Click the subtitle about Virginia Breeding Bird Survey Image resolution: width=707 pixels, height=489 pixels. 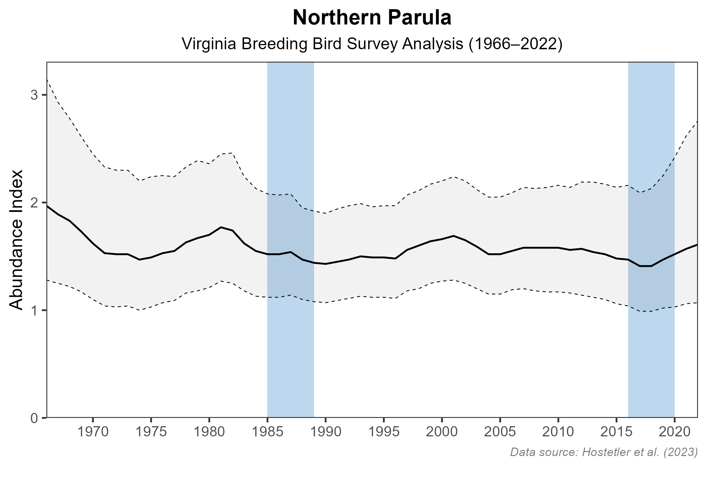pos(372,44)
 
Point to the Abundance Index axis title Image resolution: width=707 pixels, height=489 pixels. pos(16,240)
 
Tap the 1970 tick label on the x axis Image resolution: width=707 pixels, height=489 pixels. pos(93,433)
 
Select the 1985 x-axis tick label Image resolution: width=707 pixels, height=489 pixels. pos(267,433)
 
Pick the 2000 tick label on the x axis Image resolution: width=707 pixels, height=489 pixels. pos(442,433)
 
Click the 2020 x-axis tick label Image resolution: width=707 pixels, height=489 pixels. pos(674,433)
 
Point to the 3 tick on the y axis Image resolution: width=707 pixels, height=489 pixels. pos(34,95)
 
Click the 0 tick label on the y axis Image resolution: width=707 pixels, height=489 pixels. pos(34,418)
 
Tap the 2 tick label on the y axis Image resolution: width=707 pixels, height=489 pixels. pos(34,203)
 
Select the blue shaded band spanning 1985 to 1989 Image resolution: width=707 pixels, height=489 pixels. pos(290,340)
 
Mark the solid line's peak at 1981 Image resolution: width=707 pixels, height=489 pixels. pos(221,227)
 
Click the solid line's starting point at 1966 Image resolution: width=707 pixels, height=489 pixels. pos(47,206)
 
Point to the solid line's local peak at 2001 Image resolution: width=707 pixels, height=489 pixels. pos(453,236)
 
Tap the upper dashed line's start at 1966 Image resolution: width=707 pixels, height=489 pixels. pos(47,79)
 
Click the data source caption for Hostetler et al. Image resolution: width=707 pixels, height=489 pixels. pos(604,452)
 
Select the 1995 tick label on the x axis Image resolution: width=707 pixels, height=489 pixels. pos(383,433)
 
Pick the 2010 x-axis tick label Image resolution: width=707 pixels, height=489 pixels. pos(558,433)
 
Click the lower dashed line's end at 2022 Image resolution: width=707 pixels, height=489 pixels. pos(697,303)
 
